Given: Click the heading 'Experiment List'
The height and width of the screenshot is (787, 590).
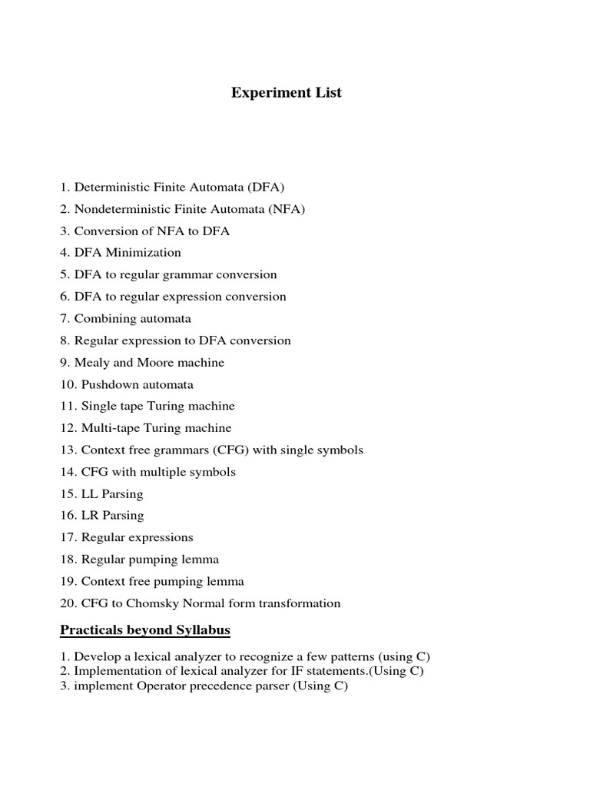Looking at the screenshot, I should [x=287, y=93].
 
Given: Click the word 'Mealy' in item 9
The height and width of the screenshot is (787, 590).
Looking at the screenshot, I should [x=92, y=362].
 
